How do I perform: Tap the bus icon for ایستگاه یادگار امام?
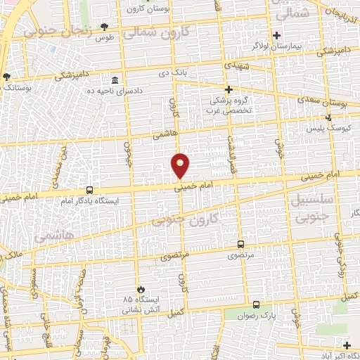coord(89,190)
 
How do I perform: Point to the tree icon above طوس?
coord(105,26)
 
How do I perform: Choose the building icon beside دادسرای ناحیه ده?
coord(115,79)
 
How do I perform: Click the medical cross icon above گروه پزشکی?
coord(229,89)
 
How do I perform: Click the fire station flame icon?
coord(140,288)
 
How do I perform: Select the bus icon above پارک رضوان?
coord(256,305)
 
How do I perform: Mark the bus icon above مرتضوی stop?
coord(241,245)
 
